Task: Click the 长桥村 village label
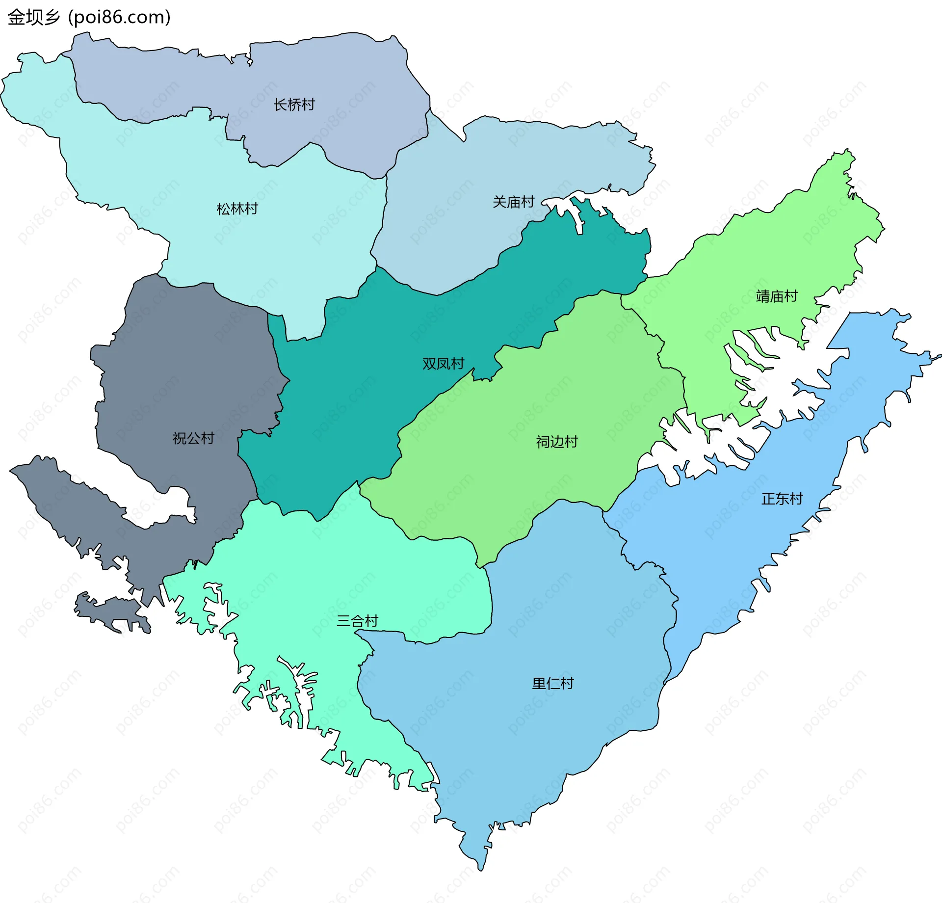tap(294, 105)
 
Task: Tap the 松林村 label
tap(237, 209)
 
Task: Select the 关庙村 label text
tap(513, 202)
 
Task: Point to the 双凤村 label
tap(443, 364)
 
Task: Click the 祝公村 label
tap(193, 438)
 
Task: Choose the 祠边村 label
tap(557, 442)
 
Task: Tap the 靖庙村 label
tap(777, 296)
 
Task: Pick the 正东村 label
tap(782, 499)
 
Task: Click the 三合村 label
tap(357, 621)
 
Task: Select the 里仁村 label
tap(553, 684)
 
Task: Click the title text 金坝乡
tap(33, 17)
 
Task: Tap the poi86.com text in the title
tap(119, 17)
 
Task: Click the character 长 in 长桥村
tap(280, 105)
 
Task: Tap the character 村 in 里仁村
tap(567, 684)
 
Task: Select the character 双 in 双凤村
tap(429, 364)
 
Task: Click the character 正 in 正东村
tap(768, 499)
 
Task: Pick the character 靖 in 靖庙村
tap(763, 296)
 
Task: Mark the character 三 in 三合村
tap(343, 621)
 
